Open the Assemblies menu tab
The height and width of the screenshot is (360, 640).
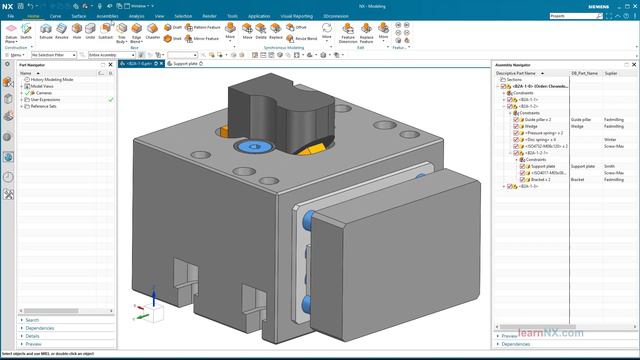(x=108, y=17)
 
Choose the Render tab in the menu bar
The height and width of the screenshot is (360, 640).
(x=208, y=17)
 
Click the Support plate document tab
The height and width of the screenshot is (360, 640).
(x=184, y=63)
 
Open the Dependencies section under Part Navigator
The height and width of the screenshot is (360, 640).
(x=40, y=328)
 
